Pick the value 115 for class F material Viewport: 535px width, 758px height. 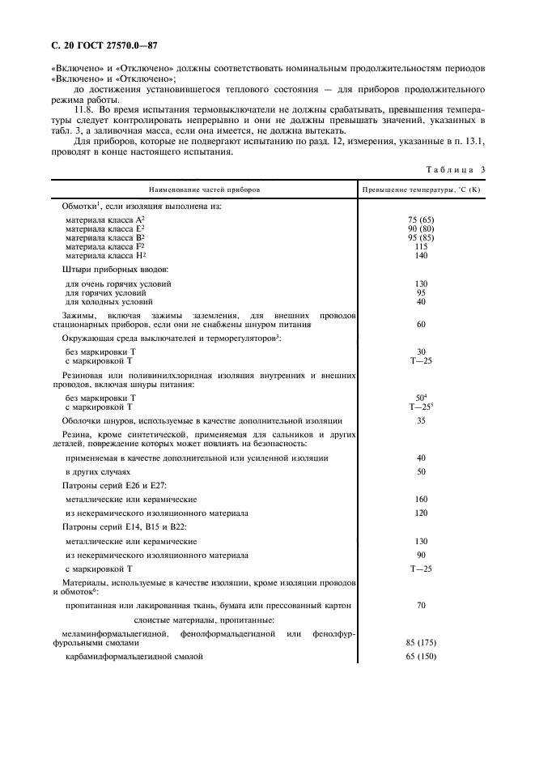(421, 245)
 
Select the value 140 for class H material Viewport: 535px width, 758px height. (421, 254)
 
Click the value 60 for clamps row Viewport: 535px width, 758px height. (421, 324)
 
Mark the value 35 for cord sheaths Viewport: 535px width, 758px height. (421, 420)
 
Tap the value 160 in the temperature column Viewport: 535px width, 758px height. (421, 499)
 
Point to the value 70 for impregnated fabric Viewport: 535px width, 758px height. (421, 604)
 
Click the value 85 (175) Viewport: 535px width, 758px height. (421, 641)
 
